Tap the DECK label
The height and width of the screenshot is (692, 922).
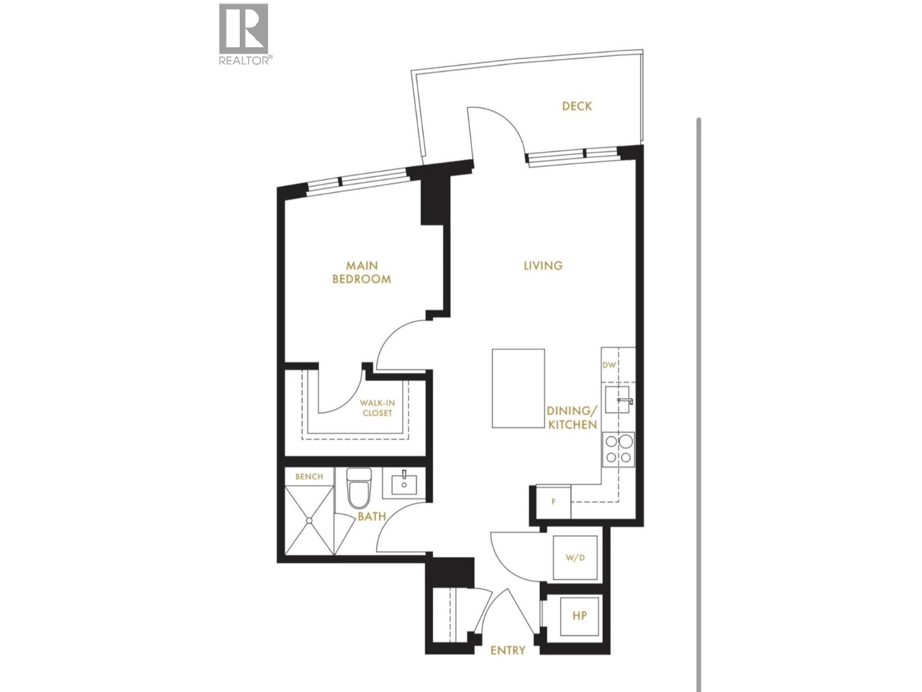(x=577, y=106)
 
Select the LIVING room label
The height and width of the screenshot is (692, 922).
(x=543, y=265)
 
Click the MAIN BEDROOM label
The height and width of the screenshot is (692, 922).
(x=362, y=272)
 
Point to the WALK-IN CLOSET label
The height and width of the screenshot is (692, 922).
(x=377, y=408)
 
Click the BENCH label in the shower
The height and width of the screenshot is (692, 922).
(x=309, y=477)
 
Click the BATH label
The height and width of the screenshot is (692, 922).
(x=372, y=517)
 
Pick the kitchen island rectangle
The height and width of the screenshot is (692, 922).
(x=518, y=388)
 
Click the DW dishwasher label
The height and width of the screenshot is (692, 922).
(x=609, y=365)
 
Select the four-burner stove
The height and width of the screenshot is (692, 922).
(x=618, y=450)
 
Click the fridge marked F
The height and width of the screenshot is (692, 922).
(x=554, y=502)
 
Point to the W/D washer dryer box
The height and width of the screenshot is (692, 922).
(x=575, y=558)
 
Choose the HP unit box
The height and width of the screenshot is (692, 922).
(x=579, y=616)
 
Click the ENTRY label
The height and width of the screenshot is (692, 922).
(x=508, y=650)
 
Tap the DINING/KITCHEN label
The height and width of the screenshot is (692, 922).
(x=572, y=418)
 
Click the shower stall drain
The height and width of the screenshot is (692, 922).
(x=309, y=520)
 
